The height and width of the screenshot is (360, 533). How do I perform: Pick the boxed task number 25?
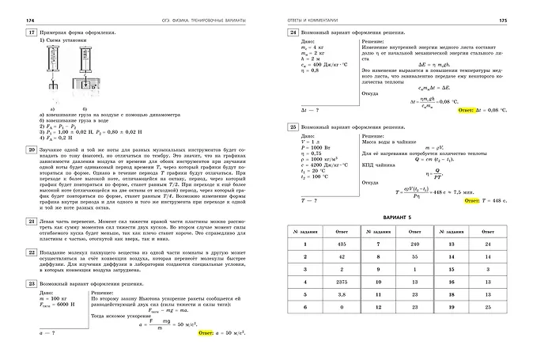[x=293, y=127]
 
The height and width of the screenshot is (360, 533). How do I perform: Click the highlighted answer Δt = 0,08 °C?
[x=480, y=110]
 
